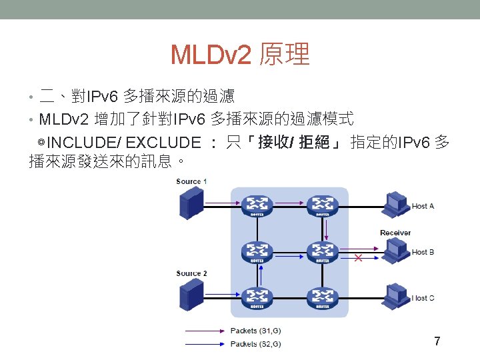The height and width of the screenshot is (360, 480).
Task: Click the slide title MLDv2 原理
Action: (240, 55)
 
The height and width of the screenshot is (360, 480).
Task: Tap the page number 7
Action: (437, 342)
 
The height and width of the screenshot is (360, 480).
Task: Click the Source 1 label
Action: (192, 181)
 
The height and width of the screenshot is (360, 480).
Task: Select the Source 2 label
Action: (192, 273)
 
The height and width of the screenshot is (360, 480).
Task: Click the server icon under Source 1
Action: (191, 203)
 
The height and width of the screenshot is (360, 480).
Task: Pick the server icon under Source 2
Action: (191, 294)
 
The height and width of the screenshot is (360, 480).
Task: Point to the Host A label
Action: (423, 206)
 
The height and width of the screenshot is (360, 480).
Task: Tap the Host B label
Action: (423, 252)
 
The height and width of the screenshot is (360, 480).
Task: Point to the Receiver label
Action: (395, 233)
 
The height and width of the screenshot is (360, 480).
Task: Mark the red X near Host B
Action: (358, 257)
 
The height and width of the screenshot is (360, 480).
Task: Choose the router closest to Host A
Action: (323, 205)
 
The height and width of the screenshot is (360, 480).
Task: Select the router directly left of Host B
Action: (323, 252)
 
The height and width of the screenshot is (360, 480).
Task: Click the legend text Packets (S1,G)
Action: (255, 331)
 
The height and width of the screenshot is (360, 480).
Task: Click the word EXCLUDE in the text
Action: (163, 143)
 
